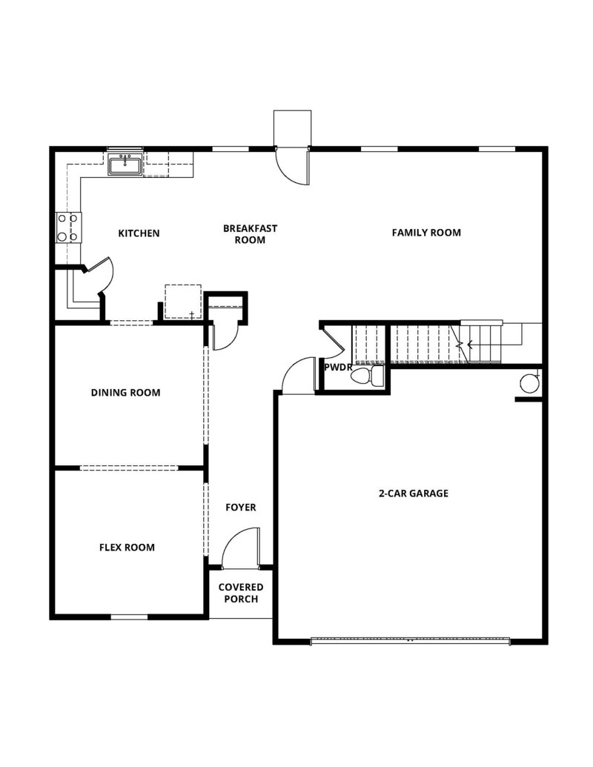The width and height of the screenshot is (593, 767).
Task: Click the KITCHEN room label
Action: click(139, 233)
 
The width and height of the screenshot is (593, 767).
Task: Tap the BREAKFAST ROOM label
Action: click(250, 234)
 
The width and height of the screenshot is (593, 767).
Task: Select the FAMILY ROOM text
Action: click(426, 233)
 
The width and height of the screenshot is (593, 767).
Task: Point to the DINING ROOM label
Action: click(125, 393)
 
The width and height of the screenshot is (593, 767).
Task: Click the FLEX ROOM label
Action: click(127, 548)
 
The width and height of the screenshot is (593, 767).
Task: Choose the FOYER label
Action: click(241, 508)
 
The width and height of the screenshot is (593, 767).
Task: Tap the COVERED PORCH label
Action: click(240, 593)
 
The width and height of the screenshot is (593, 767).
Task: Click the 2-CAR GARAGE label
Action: click(414, 493)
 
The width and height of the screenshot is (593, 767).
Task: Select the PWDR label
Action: click(337, 367)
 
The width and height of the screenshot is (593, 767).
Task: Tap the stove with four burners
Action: click(67, 228)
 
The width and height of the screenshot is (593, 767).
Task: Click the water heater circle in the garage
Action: click(529, 383)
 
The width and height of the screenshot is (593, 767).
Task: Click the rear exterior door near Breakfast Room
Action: click(292, 166)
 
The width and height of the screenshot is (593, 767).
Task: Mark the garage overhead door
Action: click(410, 640)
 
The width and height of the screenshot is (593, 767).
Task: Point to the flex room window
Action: click(128, 617)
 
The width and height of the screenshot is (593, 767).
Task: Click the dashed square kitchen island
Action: click(182, 301)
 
